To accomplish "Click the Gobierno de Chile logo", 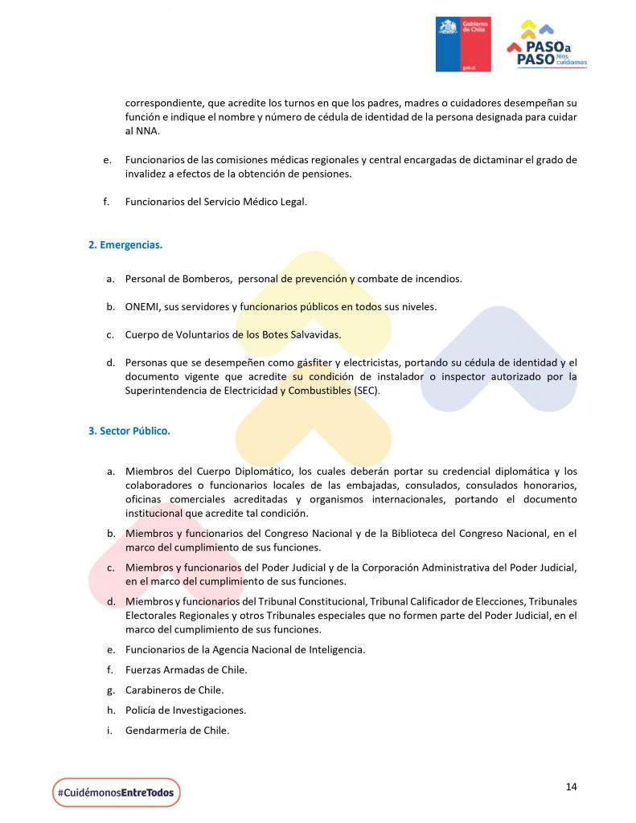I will (463, 44).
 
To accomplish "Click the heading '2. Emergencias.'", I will (125, 244).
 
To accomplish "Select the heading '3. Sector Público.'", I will (129, 431).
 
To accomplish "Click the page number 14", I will (571, 787).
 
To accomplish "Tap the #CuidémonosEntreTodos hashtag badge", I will (117, 792).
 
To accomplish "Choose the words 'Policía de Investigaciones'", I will (185, 710).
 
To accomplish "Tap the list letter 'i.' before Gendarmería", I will (109, 731).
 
